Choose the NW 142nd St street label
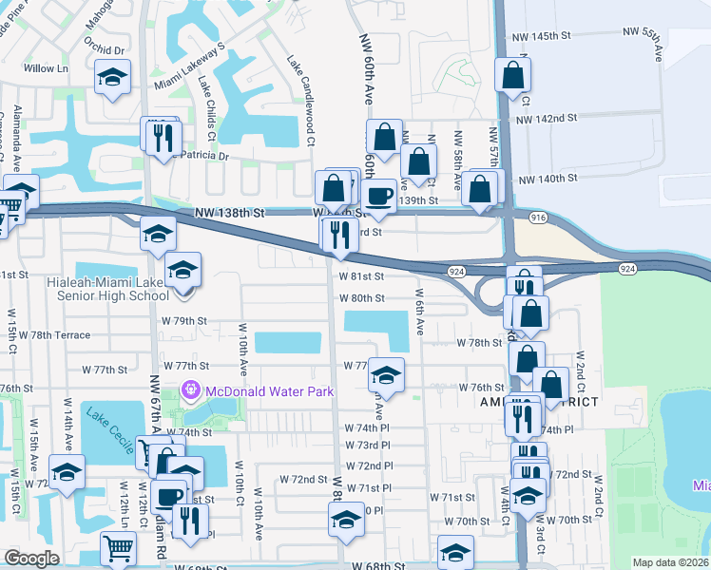pyautogui.click(x=548, y=118)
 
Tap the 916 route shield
pyautogui.click(x=538, y=218)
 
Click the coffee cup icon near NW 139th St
pyautogui.click(x=380, y=196)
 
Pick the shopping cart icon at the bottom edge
pyautogui.click(x=118, y=547)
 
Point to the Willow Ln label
pyautogui.click(x=47, y=68)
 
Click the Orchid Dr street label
pyautogui.click(x=105, y=49)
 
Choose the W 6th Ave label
pyautogui.click(x=418, y=313)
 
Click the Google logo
pyautogui.click(x=31, y=559)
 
